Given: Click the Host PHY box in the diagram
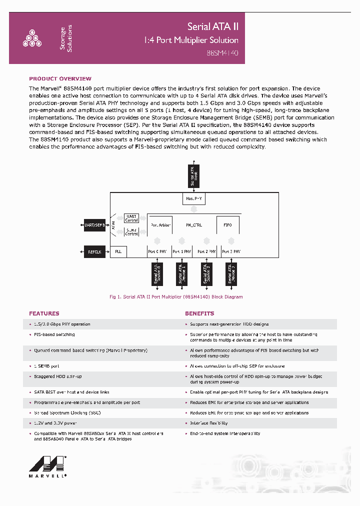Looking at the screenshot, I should point(194,199).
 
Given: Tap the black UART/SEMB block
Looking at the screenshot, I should point(94,225).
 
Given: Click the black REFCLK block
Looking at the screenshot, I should point(94,252).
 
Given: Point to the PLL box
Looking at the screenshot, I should point(118,252).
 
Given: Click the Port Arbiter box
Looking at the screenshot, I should point(160,225).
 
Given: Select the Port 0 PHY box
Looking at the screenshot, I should point(158,252).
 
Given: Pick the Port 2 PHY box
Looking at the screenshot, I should point(206,252).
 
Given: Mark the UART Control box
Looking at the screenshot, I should point(131,218).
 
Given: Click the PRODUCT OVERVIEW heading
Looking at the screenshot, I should point(60,79).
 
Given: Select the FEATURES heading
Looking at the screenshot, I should point(44,313).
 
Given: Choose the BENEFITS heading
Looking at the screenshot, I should point(199,313).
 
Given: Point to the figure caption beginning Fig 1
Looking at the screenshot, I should point(176,297).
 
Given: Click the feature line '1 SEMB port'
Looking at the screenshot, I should point(47,366).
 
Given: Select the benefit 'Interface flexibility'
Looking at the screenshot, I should point(209,423).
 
